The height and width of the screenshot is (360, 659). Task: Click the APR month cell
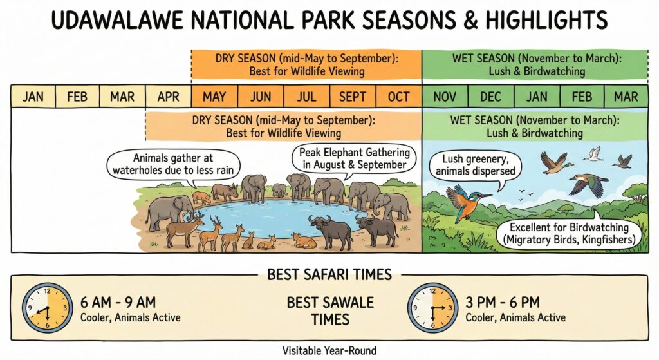[168, 97]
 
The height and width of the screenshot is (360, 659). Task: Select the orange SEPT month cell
[353, 97]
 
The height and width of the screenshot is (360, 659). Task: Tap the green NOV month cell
[444, 97]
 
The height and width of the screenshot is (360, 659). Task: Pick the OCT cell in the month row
[398, 97]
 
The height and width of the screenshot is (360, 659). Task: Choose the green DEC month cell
[490, 97]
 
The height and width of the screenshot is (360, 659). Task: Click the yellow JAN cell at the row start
[33, 97]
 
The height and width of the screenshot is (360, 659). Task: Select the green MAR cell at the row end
[626, 97]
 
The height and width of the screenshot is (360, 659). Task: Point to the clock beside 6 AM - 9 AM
[48, 308]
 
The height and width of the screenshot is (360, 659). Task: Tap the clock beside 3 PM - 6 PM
[433, 308]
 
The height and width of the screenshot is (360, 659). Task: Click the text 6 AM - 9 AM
[118, 301]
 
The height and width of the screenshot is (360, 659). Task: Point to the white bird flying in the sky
[593, 153]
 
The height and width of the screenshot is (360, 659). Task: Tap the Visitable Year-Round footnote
[329, 350]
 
